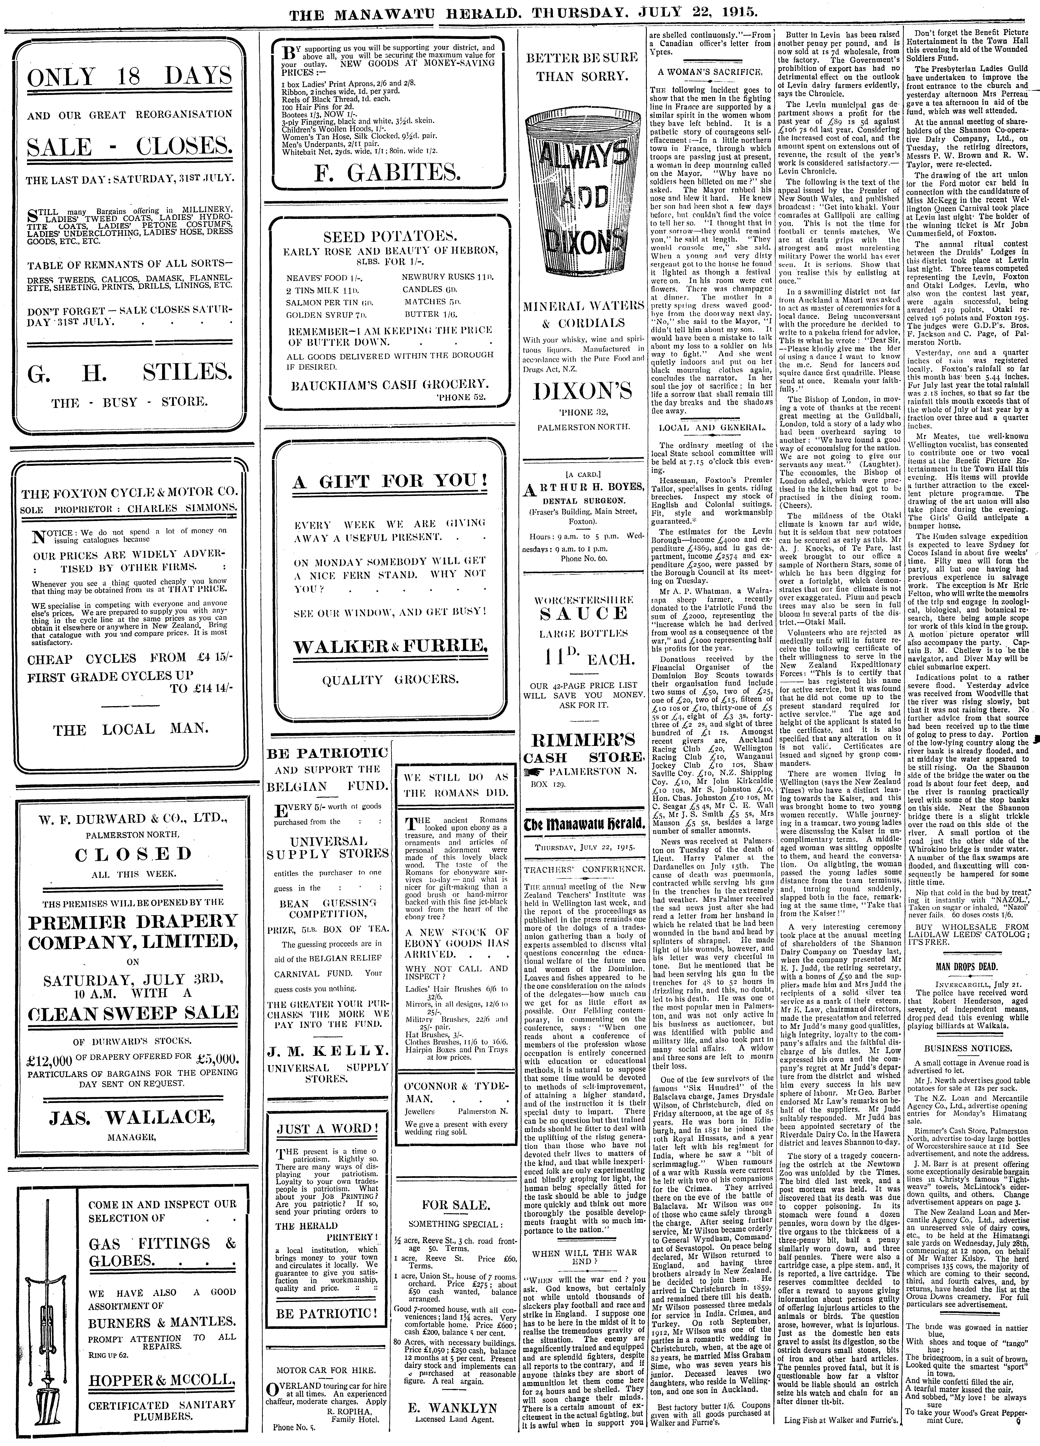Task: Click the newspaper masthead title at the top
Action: pos(520,13)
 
